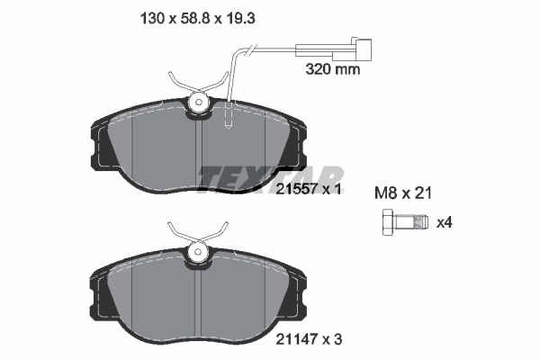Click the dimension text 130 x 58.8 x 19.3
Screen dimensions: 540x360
[x=197, y=18]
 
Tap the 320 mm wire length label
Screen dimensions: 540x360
[x=333, y=69]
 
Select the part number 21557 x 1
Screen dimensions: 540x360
[x=309, y=189]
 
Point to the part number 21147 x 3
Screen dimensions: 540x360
[x=309, y=340]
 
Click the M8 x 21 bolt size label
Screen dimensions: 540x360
[x=403, y=193]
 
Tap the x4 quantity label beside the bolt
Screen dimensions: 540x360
[x=445, y=222]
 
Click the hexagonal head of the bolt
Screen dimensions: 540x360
[x=389, y=222]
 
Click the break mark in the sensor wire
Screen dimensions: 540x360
[x=249, y=50]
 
